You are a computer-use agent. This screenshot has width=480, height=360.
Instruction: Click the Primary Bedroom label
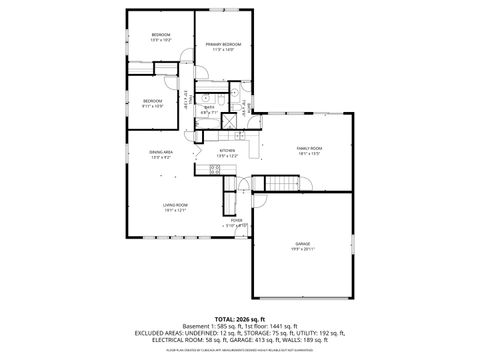223,45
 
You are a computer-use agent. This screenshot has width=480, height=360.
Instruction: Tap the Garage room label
302,243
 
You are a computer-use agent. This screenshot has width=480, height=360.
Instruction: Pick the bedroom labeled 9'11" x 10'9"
152,105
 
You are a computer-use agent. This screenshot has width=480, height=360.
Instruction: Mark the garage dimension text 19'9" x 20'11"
302,249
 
